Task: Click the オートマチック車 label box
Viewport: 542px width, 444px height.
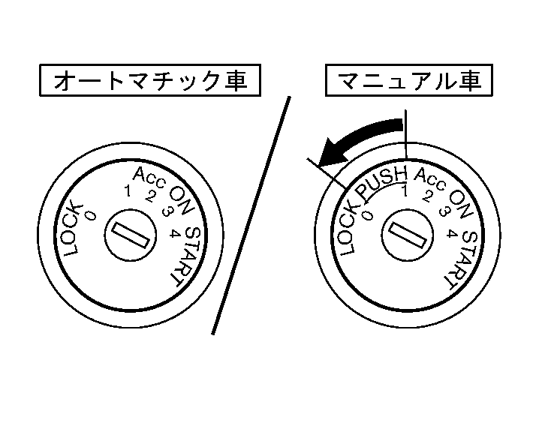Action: (x=150, y=80)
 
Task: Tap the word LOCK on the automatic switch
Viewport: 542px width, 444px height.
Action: (x=77, y=228)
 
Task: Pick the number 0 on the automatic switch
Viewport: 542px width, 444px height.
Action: (x=90, y=215)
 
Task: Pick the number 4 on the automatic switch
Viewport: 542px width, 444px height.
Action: (x=175, y=232)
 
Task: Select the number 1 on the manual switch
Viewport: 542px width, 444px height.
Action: (x=405, y=192)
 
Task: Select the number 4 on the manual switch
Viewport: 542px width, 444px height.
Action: (x=451, y=233)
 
